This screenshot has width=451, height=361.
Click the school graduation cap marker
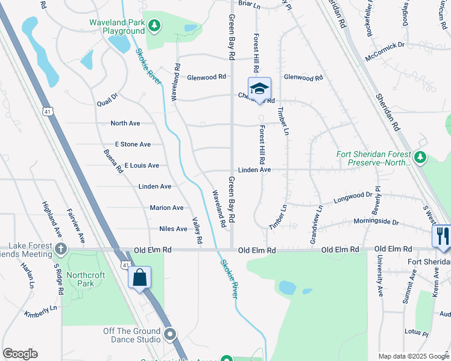[259, 88]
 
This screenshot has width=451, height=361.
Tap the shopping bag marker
[139, 277]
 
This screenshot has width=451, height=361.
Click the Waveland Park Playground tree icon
[156, 25]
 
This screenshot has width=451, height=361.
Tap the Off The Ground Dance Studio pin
[170, 335]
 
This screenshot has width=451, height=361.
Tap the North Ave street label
[125, 123]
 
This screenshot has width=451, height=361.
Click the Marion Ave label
[166, 208]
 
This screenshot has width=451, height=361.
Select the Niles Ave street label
[173, 229]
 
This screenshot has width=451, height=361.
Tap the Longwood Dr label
[352, 196]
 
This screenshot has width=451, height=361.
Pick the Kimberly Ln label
[40, 314]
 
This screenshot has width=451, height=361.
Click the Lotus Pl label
[416, 332]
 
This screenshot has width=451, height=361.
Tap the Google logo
[20, 354]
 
